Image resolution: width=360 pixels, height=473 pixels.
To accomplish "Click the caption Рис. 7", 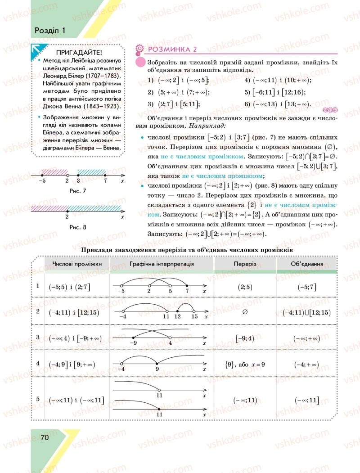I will (x=77, y=191).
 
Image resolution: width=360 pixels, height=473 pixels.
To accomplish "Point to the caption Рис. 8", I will (x=77, y=227).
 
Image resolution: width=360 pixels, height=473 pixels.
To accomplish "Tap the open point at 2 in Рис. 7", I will (x=67, y=175).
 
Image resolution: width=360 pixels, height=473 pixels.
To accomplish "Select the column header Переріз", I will (x=245, y=263).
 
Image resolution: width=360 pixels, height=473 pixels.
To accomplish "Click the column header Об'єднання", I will (x=306, y=263).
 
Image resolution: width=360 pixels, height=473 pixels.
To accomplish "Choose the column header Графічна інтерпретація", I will (x=162, y=263).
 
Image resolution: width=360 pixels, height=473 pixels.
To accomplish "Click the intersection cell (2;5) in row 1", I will (x=245, y=287).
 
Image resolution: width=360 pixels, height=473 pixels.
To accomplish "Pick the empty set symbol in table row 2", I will (x=245, y=311).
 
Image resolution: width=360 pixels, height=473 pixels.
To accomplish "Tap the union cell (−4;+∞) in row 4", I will (x=306, y=364).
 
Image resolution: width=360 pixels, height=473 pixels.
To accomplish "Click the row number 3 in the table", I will (x=38, y=337).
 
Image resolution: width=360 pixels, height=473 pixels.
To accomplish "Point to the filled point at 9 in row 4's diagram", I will (x=157, y=363).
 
